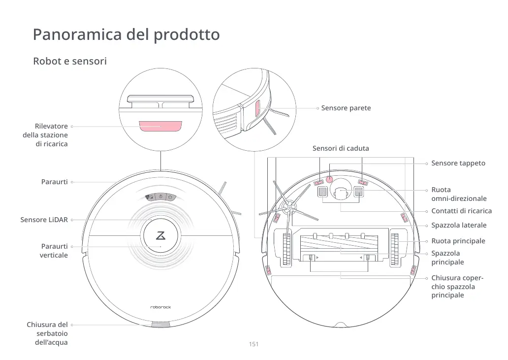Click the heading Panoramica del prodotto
pos(126,35)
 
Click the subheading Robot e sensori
pos(69,62)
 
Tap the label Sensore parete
pos(346,108)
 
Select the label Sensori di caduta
pos(341,148)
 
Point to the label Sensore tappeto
pos(458,163)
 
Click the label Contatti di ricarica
pos(461,211)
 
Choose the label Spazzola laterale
pos(459,225)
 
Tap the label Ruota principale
pos(458,241)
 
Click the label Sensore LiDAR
pos(44,220)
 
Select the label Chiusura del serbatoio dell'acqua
pos(47,333)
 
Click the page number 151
pos(254,344)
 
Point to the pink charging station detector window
pos(160,126)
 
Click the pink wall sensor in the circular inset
pos(257,109)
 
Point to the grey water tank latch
pos(160,324)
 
